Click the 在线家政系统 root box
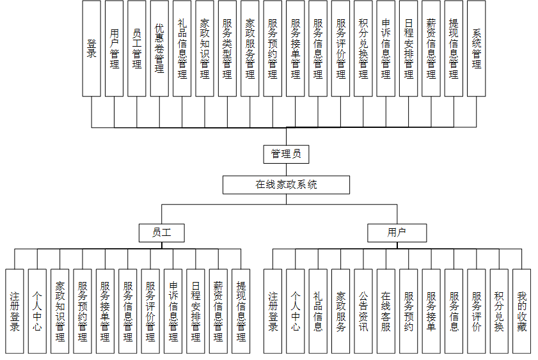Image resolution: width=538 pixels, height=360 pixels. [x=286, y=185]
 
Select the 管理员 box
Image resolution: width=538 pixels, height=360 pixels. [x=286, y=154]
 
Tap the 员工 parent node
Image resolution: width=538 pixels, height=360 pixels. [x=161, y=233]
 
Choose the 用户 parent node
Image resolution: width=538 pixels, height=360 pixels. [x=397, y=233]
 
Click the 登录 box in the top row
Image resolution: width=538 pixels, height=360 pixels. [x=91, y=48]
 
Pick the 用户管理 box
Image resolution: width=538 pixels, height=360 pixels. [x=115, y=48]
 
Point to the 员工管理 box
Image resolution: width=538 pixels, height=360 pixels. [x=137, y=48]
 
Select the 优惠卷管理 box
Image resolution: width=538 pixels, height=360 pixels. [x=159, y=48]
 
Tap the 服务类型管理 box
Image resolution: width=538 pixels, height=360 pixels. [x=227, y=48]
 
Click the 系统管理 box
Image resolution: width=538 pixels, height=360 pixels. [x=477, y=48]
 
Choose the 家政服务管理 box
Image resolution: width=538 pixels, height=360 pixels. [x=250, y=48]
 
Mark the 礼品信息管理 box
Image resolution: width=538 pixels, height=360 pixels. [x=182, y=48]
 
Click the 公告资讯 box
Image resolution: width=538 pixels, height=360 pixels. [x=363, y=311]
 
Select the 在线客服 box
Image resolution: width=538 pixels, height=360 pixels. [x=386, y=311]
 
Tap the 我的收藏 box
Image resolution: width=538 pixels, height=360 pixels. [x=522, y=311]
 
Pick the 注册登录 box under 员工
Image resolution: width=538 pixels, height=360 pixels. [x=15, y=311]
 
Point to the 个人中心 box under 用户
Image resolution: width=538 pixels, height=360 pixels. [x=296, y=311]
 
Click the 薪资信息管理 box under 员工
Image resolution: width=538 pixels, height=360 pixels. [x=219, y=311]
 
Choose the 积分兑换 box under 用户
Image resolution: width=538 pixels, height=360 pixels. [x=499, y=311]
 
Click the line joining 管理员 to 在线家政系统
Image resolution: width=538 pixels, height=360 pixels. [x=286, y=169]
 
